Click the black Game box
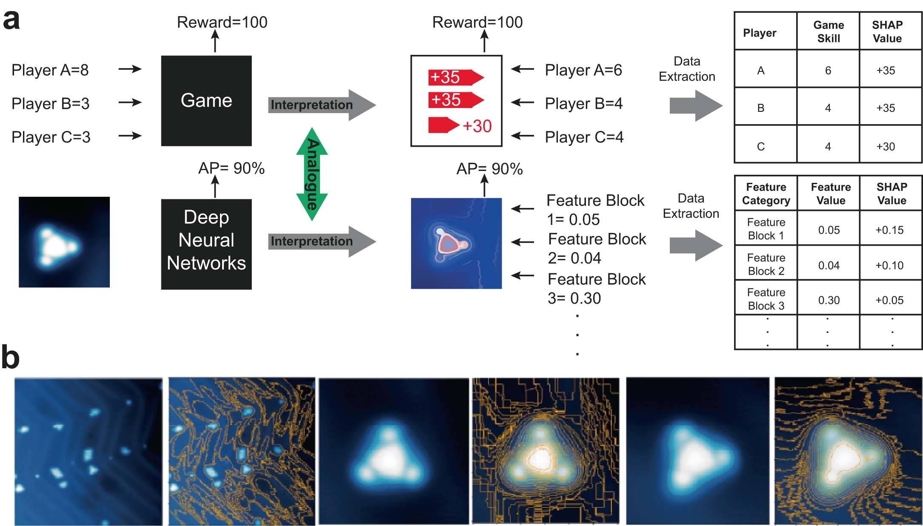206,101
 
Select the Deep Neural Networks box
206,244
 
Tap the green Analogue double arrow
312,173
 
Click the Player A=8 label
50,70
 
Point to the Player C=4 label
584,137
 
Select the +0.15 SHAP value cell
889,230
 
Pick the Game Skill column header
828,31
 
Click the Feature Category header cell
766,193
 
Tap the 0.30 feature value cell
829,300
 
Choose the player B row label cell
761,108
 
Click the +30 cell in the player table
886,147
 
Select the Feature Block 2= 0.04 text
597,248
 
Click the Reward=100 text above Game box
222,22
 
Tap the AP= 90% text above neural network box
231,168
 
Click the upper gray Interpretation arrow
321,105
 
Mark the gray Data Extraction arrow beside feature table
695,245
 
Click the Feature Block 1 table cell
766,229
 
